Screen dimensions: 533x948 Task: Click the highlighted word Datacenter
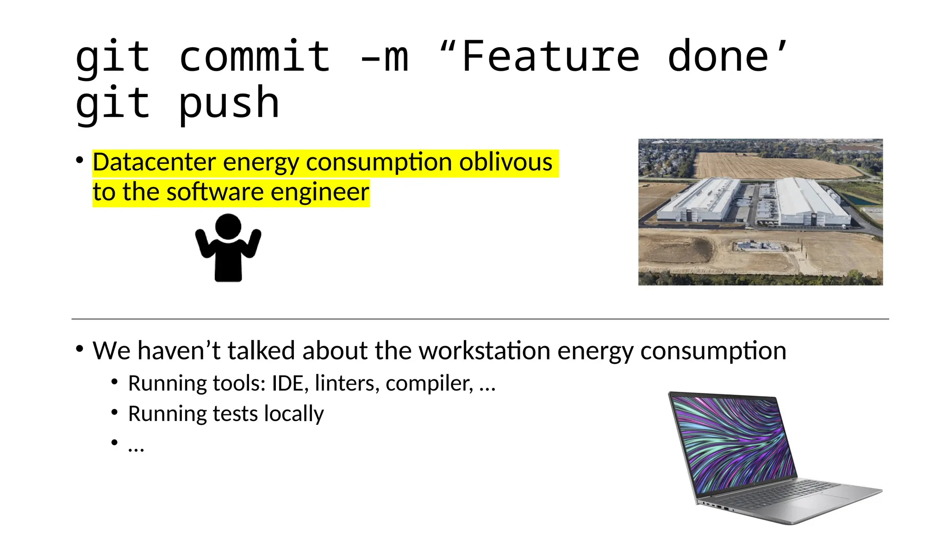click(154, 162)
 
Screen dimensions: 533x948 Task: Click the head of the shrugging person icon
click(228, 226)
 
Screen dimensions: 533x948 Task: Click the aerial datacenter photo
click(760, 212)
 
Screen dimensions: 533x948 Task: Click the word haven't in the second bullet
click(178, 350)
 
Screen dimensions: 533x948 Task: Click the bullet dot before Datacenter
click(80, 161)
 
